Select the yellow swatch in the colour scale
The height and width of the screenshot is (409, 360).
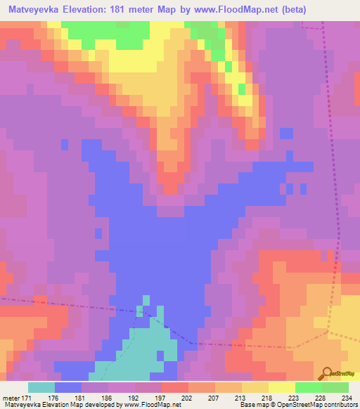[x=282, y=388]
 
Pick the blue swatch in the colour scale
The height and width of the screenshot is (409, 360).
[x=68, y=388]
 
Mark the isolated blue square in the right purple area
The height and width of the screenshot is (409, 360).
[x=286, y=134]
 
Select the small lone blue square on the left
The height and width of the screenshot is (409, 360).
[x=65, y=144]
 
